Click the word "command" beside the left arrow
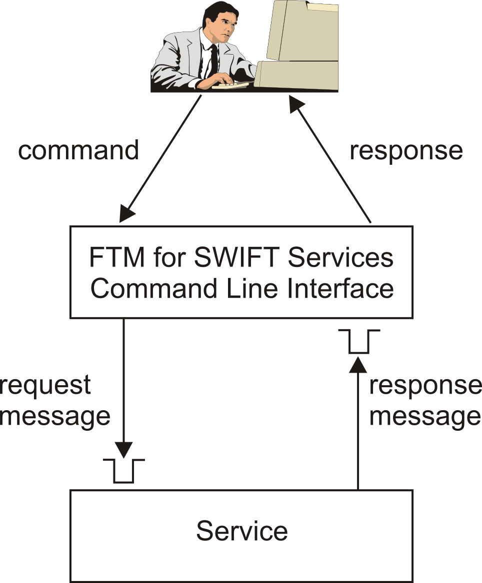[x=78, y=151]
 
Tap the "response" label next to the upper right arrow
[x=406, y=151]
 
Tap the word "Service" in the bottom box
[x=241, y=530]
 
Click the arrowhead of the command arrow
[x=126, y=214]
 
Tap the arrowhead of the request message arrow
[x=123, y=449]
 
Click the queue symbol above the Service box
[x=123, y=470]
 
